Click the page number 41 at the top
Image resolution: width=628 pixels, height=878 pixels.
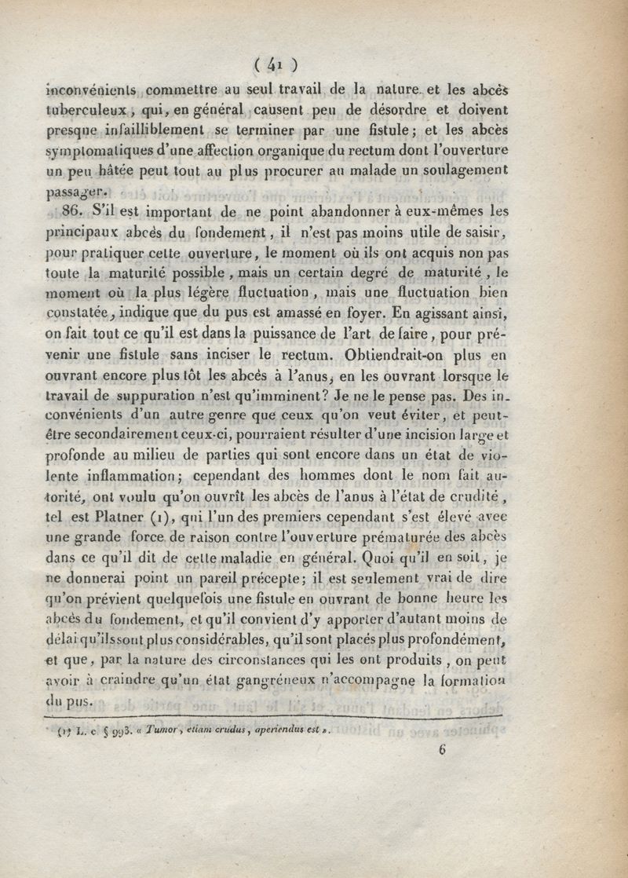(275, 64)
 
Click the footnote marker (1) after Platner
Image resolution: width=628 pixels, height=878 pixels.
(158, 518)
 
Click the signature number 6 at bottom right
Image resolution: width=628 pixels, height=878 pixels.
(443, 749)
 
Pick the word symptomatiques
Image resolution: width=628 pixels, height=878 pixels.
(100, 149)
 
